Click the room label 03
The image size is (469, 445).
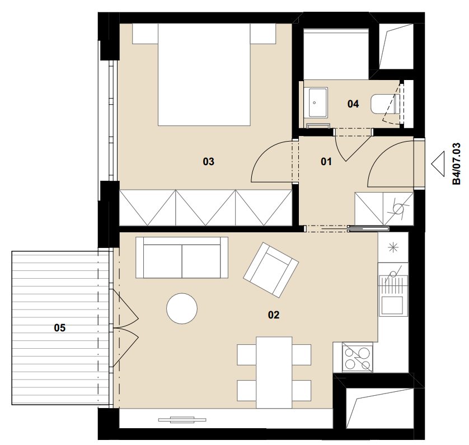[209, 162]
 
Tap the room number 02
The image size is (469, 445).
[274, 315]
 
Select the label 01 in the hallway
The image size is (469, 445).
[326, 162]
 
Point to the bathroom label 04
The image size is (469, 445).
[353, 104]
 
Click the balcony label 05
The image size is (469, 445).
[59, 328]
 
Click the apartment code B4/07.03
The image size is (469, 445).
[457, 164]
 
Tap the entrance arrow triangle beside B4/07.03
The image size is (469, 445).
[438, 164]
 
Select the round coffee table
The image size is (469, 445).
[182, 308]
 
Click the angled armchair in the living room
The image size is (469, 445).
[271, 270]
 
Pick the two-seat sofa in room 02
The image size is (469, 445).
[182, 257]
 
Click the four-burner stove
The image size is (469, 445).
[358, 357]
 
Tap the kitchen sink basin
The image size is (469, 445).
[392, 305]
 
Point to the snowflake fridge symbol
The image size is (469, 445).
[393, 247]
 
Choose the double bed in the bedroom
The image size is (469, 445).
[204, 75]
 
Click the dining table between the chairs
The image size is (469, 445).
[274, 373]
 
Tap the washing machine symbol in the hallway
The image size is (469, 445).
[398, 209]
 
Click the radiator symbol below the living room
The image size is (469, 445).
[182, 420]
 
